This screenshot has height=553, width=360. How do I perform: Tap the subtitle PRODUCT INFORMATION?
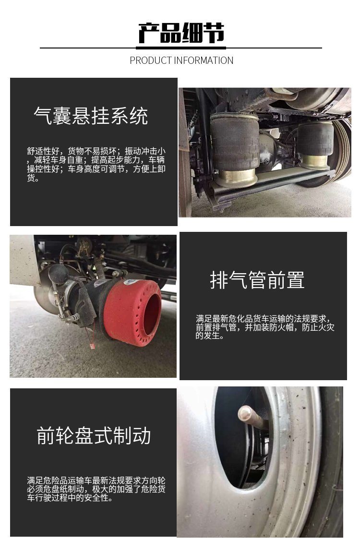coord(181,60)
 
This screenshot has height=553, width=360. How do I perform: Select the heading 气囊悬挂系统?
coord(91,116)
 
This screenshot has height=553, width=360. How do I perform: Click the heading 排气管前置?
coord(257,280)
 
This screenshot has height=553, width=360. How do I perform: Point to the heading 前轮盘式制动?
coord(94,435)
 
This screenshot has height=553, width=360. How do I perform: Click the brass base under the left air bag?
coord(236,178)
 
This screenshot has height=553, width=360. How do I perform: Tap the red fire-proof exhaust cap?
coord(132,312)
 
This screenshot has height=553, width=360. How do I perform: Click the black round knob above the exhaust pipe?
coord(58,274)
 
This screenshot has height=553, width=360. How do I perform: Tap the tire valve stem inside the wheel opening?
coord(251,417)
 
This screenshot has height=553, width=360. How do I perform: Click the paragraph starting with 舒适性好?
coord(96,164)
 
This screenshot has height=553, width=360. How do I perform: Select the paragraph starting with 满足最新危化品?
coord(265,327)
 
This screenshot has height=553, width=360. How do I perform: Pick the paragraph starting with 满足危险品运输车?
coord(96,489)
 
